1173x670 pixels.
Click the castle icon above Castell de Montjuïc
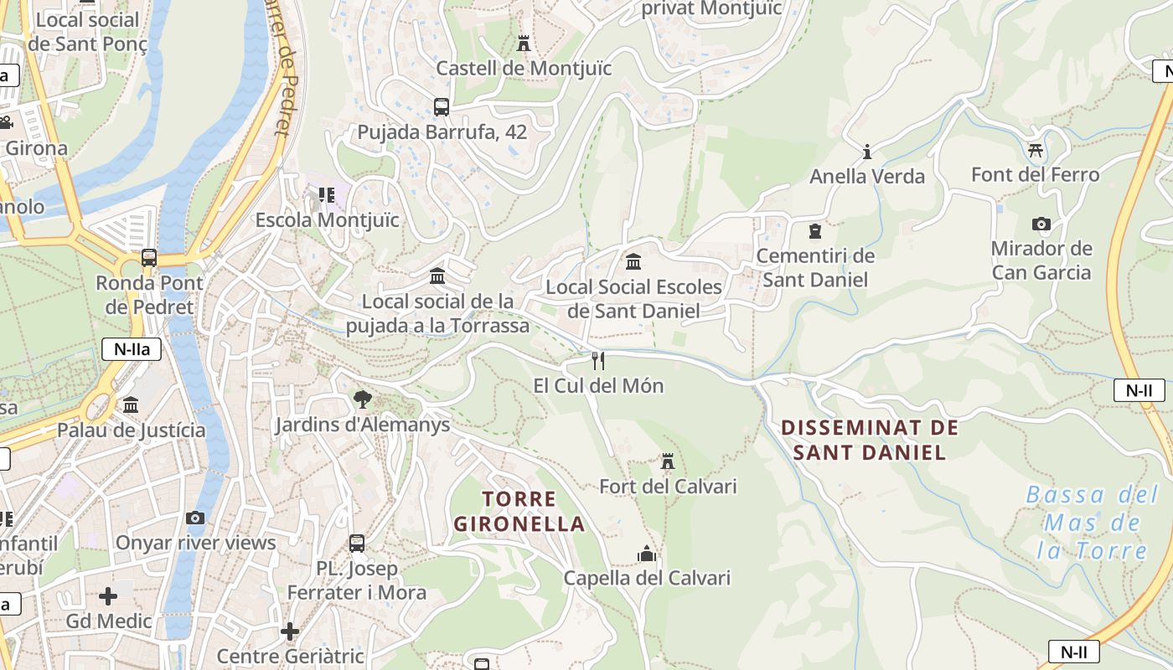coord(524,43)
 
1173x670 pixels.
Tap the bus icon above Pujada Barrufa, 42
coord(442,107)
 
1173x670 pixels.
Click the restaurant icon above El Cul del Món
coord(598,361)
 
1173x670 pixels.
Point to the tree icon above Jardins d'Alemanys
coord(362,399)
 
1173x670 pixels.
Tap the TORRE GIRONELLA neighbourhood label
coord(519,512)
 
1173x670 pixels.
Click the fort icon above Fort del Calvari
coord(668,461)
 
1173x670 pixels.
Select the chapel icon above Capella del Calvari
coord(646,554)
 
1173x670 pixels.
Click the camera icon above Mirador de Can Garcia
coord(1041,224)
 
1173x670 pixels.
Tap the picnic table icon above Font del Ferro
coord(1035,150)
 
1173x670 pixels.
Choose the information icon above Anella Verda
coord(867,152)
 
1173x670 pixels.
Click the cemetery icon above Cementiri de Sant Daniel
coord(815,231)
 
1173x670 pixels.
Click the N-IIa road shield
coord(132,349)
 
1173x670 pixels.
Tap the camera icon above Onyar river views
coord(195,518)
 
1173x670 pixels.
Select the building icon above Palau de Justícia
coord(131,405)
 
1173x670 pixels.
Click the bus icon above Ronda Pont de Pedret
coord(149,258)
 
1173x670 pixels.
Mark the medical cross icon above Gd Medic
coord(108,596)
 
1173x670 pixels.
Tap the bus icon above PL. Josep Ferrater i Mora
coord(357,544)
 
